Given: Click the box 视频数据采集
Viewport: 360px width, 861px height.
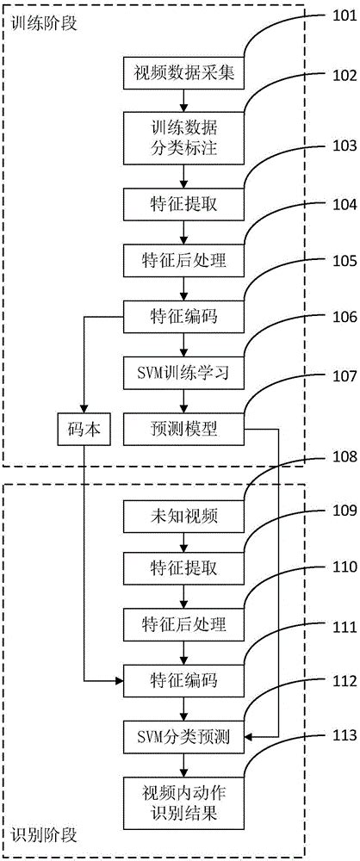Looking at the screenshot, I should (184, 73).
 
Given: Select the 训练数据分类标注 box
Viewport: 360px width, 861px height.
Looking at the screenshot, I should (184, 138).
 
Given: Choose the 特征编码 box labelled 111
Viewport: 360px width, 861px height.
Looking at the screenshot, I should (184, 680).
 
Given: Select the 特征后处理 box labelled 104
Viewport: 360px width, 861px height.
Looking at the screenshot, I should (184, 256).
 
